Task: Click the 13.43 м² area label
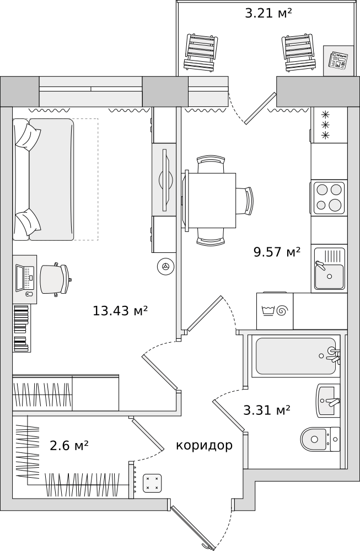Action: [x=120, y=311]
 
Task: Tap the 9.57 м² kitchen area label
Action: [x=277, y=252]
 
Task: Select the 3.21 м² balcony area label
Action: [x=268, y=13]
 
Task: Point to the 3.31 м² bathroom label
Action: [x=267, y=410]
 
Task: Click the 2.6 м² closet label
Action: [x=69, y=446]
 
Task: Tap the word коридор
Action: [x=205, y=446]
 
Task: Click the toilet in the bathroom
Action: [x=320, y=439]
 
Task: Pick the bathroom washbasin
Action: [x=329, y=401]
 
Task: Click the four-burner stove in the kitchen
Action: [x=329, y=198]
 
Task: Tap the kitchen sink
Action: [x=330, y=269]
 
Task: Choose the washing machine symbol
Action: [x=275, y=311]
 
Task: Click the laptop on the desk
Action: [x=25, y=278]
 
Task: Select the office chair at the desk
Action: [x=56, y=279]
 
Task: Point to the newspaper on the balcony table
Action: [x=338, y=60]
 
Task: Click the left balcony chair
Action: [x=201, y=53]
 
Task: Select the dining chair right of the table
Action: [x=244, y=201]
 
